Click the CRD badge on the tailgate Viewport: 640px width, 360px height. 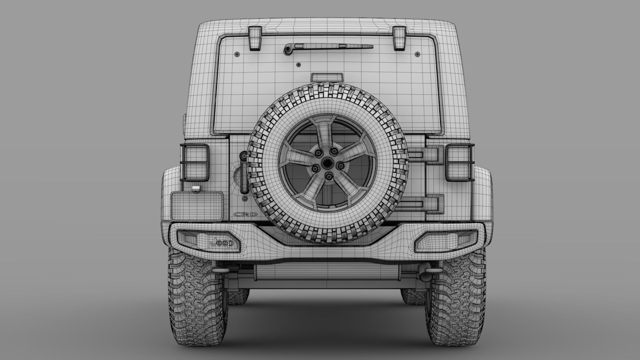click(245, 214)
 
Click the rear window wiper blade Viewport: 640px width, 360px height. click(333, 47)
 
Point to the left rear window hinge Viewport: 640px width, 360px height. click(255, 38)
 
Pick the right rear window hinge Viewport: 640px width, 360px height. click(399, 38)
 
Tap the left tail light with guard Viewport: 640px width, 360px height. click(194, 163)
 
